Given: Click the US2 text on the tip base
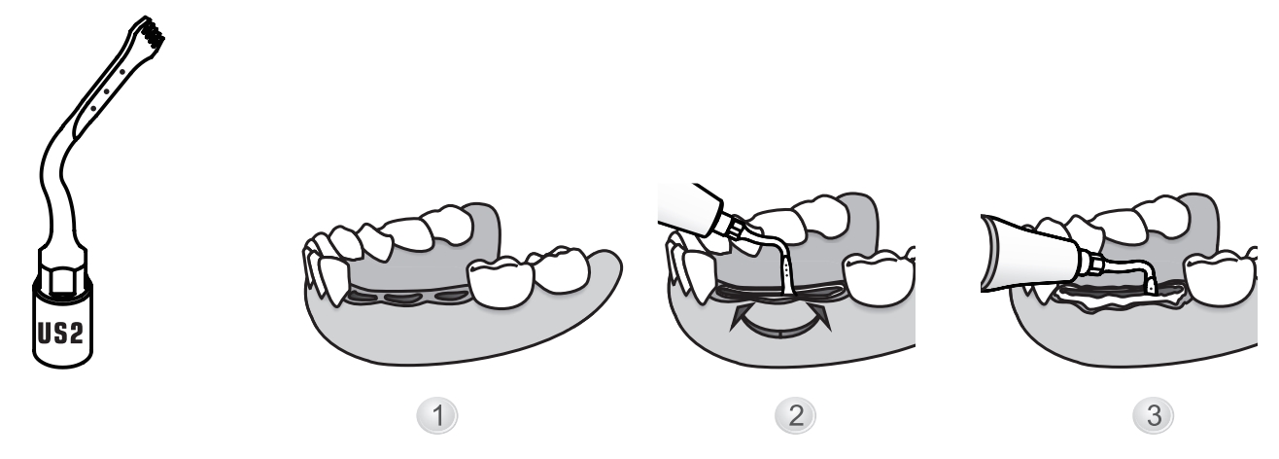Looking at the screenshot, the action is click(60, 334).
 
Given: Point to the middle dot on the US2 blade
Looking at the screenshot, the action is click(107, 91).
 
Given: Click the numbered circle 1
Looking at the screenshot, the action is click(436, 415).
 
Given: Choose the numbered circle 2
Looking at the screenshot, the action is click(795, 415).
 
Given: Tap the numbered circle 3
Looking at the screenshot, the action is click(1154, 415).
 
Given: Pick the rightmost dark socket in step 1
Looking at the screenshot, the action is click(452, 296).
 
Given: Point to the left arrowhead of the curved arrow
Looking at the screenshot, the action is click(740, 318).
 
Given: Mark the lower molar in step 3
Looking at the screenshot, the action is click(1221, 278).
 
